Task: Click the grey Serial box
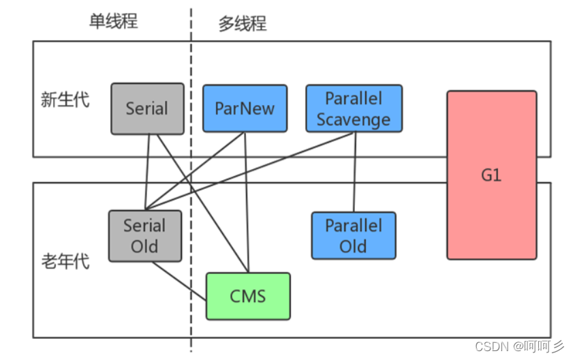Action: click(x=147, y=108)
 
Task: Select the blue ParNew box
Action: click(x=245, y=108)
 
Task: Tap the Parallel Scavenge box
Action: click(x=354, y=108)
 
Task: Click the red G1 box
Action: click(x=491, y=175)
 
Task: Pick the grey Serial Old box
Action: click(x=145, y=236)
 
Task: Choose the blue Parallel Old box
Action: click(x=354, y=235)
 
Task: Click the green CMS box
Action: click(x=248, y=296)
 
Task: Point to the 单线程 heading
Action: click(x=114, y=21)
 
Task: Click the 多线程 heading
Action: click(x=243, y=23)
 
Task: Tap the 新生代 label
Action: click(x=65, y=100)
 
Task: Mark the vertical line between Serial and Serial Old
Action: click(x=146, y=170)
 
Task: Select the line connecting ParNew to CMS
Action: click(x=247, y=205)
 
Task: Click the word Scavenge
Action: click(x=354, y=119)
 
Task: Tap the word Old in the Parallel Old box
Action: click(x=354, y=246)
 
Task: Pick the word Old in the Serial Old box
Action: click(x=145, y=246)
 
